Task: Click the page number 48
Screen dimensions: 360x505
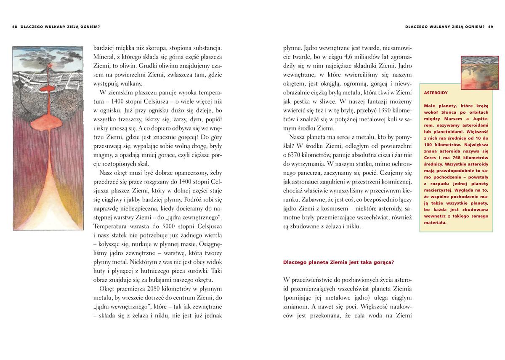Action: click(15, 26)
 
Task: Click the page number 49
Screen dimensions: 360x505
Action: click(490, 26)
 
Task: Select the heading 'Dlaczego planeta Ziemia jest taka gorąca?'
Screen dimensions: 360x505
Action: click(338, 262)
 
